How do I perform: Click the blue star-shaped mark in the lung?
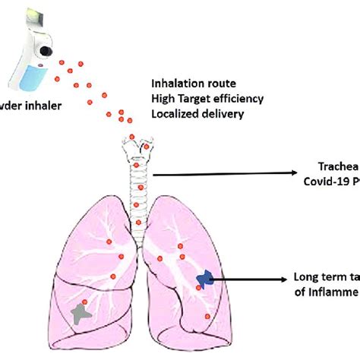[204, 281]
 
